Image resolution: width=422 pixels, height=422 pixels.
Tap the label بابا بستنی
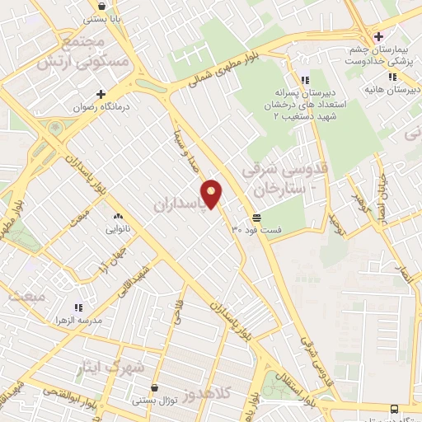point(107,16)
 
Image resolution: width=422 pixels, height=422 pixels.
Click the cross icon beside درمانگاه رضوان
point(101,94)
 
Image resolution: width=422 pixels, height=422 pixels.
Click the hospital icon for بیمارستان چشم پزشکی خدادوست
point(378,36)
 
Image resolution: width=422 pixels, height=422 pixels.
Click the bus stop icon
point(395,409)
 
